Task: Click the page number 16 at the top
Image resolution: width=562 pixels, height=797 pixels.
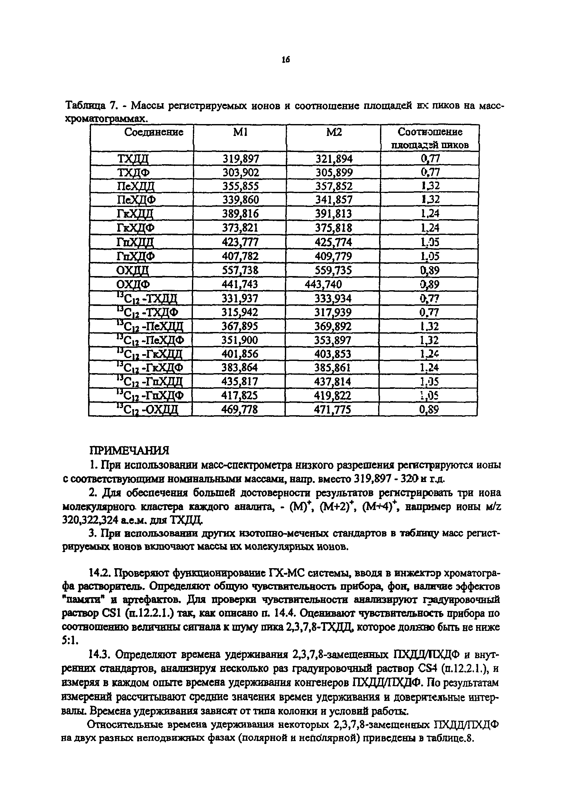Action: (x=285, y=60)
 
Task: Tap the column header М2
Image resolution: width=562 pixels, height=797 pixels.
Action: (x=334, y=132)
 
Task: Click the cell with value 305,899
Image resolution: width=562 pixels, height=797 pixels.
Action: (x=334, y=173)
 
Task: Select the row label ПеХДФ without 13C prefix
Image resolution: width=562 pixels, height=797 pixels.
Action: (x=136, y=200)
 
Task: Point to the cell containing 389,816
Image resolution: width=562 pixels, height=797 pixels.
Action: (x=240, y=213)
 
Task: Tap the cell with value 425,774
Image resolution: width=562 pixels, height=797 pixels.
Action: (x=333, y=242)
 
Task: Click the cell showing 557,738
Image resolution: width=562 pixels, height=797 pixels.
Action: (x=240, y=270)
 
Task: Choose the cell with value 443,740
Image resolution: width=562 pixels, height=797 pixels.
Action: (x=323, y=284)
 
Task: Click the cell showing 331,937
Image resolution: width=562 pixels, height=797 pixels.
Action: (x=240, y=298)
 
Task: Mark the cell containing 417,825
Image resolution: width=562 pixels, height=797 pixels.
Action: (x=240, y=395)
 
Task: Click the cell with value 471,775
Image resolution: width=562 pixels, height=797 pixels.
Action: (x=332, y=410)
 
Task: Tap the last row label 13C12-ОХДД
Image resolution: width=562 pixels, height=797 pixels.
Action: (x=147, y=410)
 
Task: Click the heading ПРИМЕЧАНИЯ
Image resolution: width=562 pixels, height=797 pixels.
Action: (x=129, y=451)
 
